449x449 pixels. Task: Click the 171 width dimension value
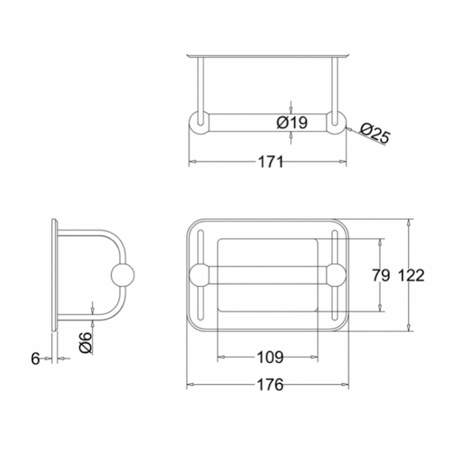click(x=271, y=162)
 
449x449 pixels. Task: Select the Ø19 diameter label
click(x=292, y=123)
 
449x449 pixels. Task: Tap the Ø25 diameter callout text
click(x=375, y=133)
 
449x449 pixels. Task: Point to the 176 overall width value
click(x=270, y=385)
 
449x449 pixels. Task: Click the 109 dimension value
click(x=270, y=357)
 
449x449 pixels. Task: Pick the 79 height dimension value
click(x=381, y=275)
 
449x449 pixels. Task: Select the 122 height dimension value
click(x=411, y=275)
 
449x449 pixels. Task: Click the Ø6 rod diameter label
click(x=85, y=343)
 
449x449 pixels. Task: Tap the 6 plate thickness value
click(x=35, y=359)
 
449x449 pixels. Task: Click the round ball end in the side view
click(x=123, y=275)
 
